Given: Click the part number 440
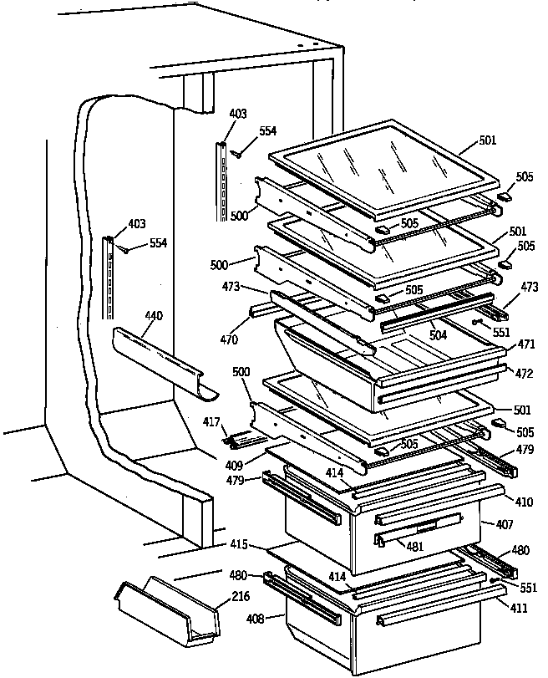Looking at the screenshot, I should pyautogui.click(x=153, y=316).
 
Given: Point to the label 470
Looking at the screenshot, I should pyautogui.click(x=229, y=340).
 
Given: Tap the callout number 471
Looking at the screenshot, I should pyautogui.click(x=525, y=344).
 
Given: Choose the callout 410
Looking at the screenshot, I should pyautogui.click(x=525, y=502).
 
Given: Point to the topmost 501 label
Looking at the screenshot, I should pyautogui.click(x=487, y=140).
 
